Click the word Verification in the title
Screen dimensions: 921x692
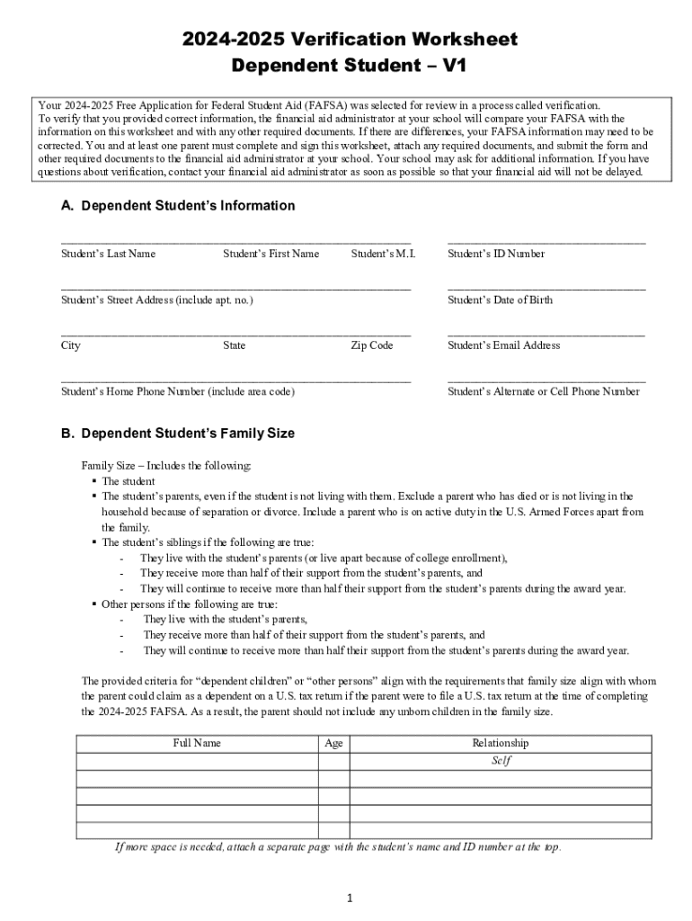[x=345, y=40]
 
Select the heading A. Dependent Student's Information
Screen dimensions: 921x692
[x=178, y=206]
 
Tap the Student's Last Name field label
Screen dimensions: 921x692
[x=108, y=254]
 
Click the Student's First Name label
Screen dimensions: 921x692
[x=271, y=254]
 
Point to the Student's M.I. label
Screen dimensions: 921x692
[x=383, y=254]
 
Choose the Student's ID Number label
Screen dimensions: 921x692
[x=496, y=254]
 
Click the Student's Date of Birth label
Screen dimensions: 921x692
[x=500, y=300]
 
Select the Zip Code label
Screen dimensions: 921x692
[x=371, y=345]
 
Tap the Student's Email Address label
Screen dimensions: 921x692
[x=503, y=345]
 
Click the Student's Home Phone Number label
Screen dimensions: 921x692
[x=177, y=392]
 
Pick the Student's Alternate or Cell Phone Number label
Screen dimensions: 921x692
[x=544, y=392]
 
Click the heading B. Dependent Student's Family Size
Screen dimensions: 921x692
[x=178, y=434]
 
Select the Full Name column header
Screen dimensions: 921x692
[x=197, y=743]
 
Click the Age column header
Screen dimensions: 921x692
[x=333, y=743]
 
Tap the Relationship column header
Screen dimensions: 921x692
[x=501, y=743]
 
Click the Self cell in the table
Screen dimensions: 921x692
[x=501, y=760]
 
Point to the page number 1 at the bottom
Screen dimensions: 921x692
[x=350, y=898]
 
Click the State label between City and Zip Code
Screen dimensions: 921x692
[x=235, y=345]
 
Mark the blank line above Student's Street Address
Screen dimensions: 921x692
[x=235, y=289]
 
